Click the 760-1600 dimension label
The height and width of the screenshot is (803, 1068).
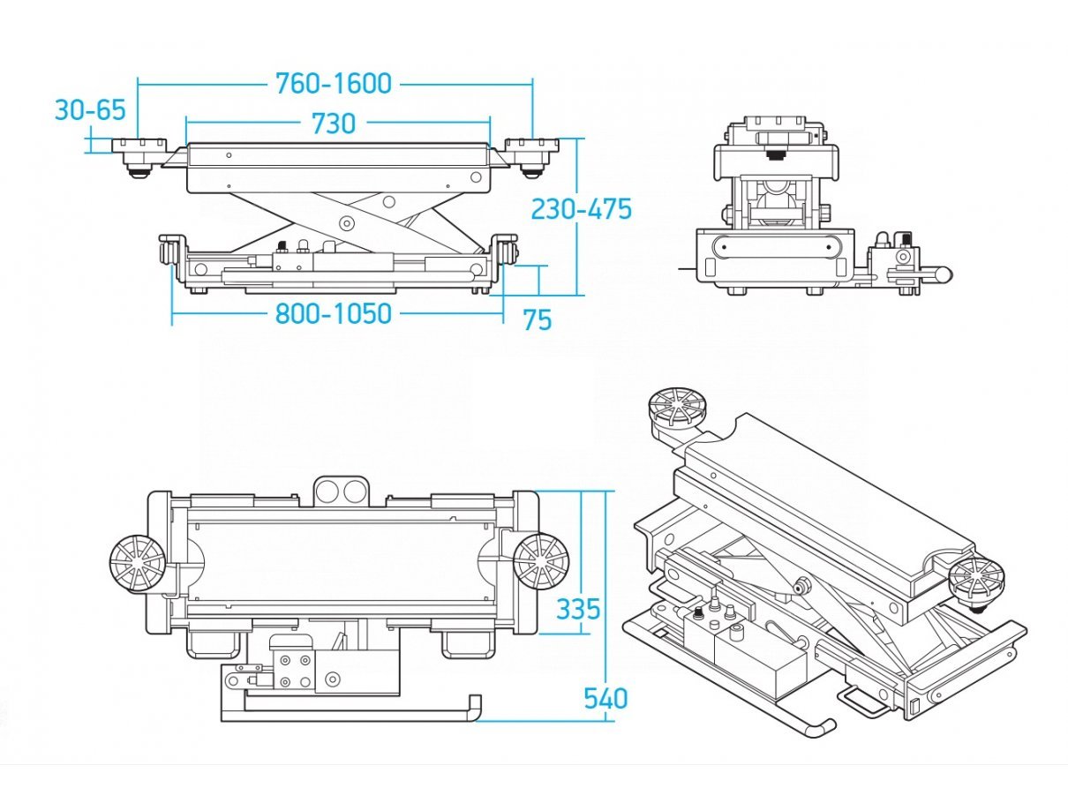point(334,84)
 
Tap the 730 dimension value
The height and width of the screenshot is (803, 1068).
point(334,124)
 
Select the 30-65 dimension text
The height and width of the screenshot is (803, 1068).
point(91,110)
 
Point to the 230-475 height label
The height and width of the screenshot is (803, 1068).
point(582,209)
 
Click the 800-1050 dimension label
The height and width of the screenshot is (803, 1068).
point(334,313)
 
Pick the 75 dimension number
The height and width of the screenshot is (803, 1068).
point(538,319)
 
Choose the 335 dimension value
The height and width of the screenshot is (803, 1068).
point(578,609)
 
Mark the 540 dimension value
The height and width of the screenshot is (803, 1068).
point(605,698)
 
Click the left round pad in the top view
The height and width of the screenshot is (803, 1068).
point(138,564)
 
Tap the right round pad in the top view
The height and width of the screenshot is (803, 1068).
point(541,562)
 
